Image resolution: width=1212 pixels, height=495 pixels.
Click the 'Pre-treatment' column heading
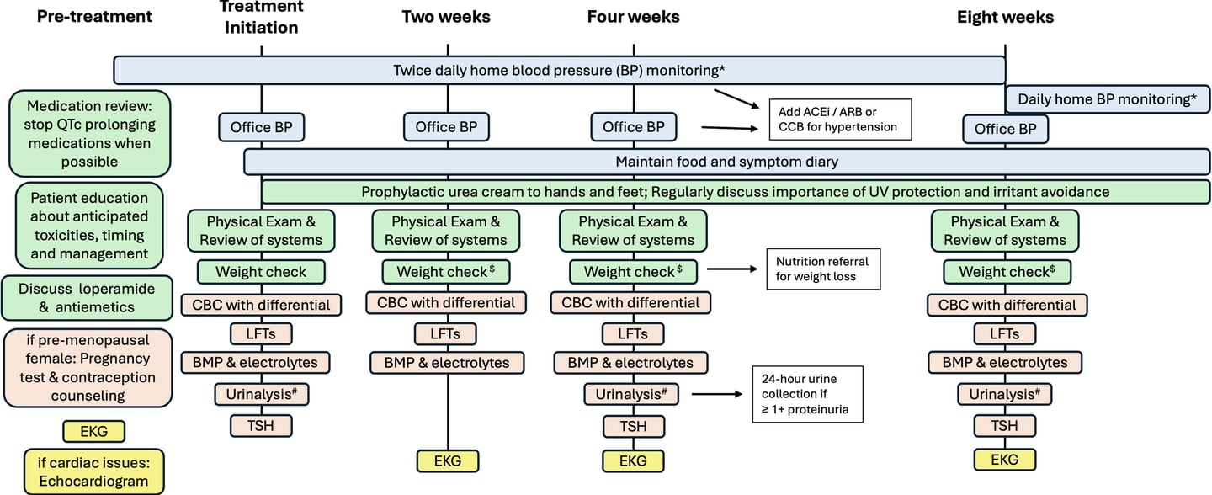(94, 17)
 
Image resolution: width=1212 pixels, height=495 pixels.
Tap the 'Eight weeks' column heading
(1005, 18)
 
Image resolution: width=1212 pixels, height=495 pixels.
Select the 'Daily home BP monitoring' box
(1107, 99)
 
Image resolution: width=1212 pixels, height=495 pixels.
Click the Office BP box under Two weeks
(446, 127)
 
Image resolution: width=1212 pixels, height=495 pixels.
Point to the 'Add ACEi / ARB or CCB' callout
(840, 120)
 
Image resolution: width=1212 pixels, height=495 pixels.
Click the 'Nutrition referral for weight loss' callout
(823, 269)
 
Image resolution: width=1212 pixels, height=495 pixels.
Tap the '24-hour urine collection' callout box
(807, 394)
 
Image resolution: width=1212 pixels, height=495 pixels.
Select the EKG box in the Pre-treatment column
(94, 432)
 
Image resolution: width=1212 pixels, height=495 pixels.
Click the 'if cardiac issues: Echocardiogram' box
(93, 471)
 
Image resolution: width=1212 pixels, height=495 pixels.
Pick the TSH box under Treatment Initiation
(261, 426)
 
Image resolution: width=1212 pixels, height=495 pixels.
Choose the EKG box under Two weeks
(448, 461)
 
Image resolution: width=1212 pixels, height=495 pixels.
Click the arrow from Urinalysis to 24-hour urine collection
(717, 394)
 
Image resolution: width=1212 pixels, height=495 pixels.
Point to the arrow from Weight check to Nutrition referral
(732, 269)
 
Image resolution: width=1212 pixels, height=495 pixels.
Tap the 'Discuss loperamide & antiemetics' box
(88, 298)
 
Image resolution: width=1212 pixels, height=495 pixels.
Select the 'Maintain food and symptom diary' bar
(726, 162)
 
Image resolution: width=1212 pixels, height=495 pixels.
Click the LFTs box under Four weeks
(633, 333)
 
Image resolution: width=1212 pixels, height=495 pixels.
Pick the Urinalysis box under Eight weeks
(1005, 394)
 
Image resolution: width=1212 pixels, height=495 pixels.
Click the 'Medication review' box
(90, 134)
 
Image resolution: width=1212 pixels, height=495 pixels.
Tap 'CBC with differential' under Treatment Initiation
(261, 305)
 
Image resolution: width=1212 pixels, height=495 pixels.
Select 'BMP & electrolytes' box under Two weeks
(447, 363)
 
